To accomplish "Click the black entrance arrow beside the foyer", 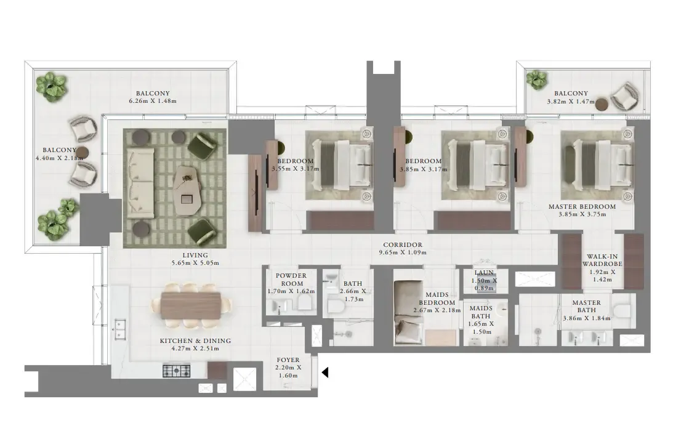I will [x=325, y=373].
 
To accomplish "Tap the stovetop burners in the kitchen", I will [x=176, y=371].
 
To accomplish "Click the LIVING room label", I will [x=195, y=255].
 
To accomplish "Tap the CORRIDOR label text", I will [x=403, y=244].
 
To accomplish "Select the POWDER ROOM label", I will [x=291, y=280].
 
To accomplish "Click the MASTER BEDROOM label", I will [x=582, y=207].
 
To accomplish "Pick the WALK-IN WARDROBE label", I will [x=602, y=260].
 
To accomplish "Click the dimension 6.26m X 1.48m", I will [x=152, y=100].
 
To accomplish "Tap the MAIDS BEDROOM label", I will [x=437, y=299].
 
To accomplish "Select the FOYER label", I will [x=288, y=360].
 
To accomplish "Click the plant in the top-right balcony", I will [x=537, y=79].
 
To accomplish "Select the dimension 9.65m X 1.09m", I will [x=403, y=252].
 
